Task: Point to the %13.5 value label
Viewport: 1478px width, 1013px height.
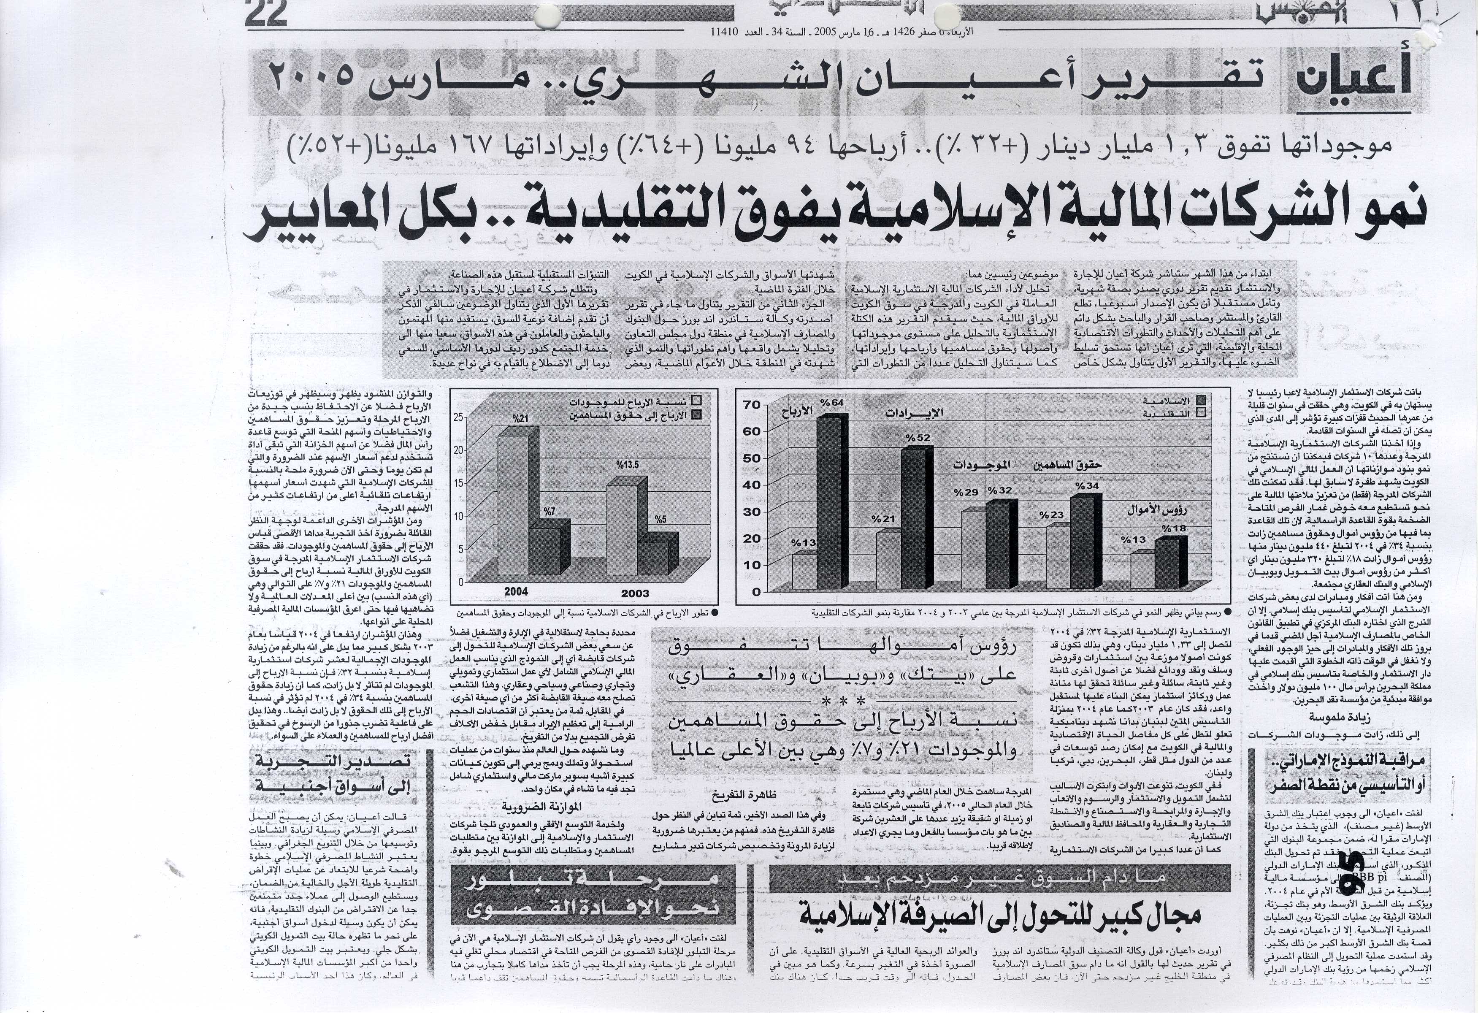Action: (x=626, y=465)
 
